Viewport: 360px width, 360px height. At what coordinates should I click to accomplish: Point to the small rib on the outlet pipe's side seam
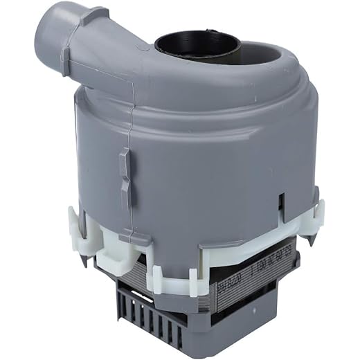coord(64,61)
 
